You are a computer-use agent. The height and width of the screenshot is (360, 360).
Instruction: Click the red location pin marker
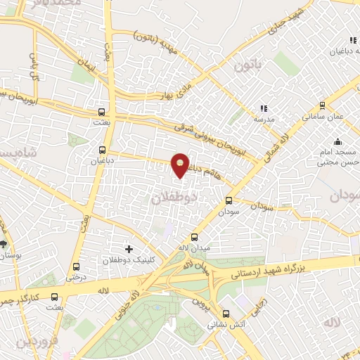(181, 165)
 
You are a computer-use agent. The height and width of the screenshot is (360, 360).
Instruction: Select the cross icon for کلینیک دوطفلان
(128, 248)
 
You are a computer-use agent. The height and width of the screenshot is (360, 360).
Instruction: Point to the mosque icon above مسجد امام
(338, 140)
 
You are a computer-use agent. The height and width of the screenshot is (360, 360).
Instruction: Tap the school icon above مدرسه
(264, 108)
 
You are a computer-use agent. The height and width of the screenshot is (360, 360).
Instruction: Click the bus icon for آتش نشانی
(226, 314)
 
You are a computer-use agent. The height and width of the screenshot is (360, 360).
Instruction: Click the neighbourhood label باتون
(247, 69)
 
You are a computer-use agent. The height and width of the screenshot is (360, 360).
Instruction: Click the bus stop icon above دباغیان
(103, 149)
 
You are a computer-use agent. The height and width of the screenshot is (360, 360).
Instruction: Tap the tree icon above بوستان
(4, 244)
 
